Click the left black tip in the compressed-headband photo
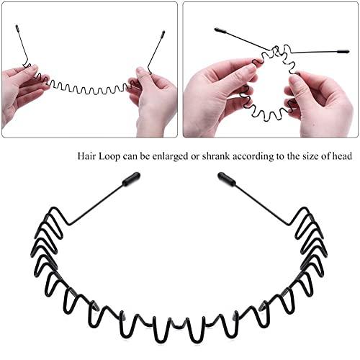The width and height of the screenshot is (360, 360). [x=219, y=30]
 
